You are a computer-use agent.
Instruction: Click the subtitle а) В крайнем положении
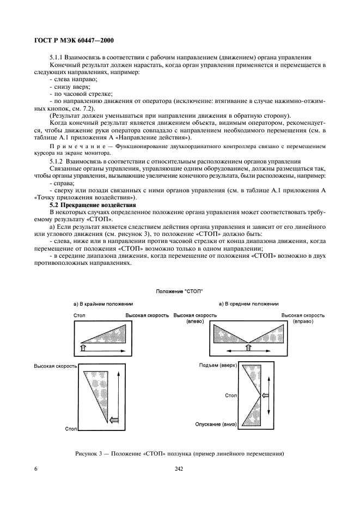103,303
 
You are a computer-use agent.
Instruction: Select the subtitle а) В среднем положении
248,303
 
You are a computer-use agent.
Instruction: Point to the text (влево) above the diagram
195,322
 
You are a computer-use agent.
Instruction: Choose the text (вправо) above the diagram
303,322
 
